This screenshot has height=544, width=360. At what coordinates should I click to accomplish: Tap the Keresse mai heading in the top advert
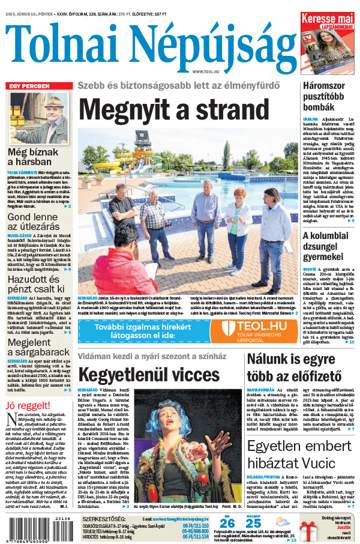(x=328, y=19)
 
